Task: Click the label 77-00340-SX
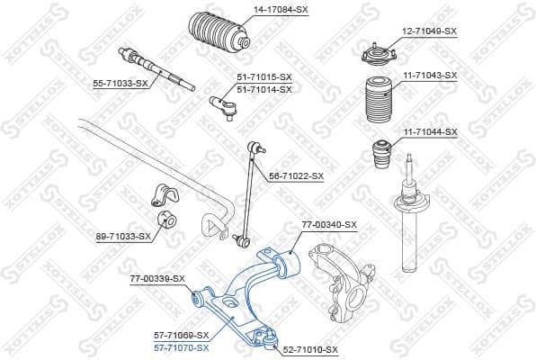point(328,224)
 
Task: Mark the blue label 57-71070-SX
point(181,347)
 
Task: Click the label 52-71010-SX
point(309,349)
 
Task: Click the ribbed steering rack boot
point(217,36)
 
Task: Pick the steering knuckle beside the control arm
point(338,283)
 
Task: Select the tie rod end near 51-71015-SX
point(223,107)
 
